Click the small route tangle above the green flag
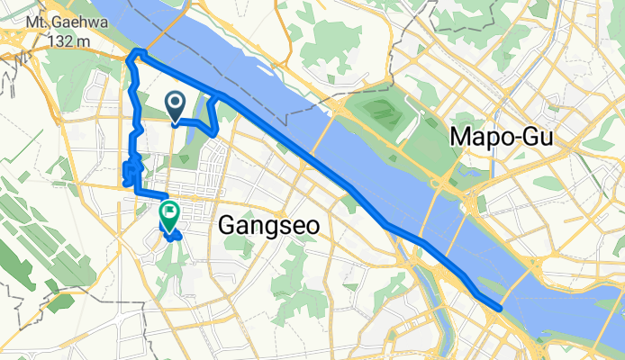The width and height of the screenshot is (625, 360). [131, 169]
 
